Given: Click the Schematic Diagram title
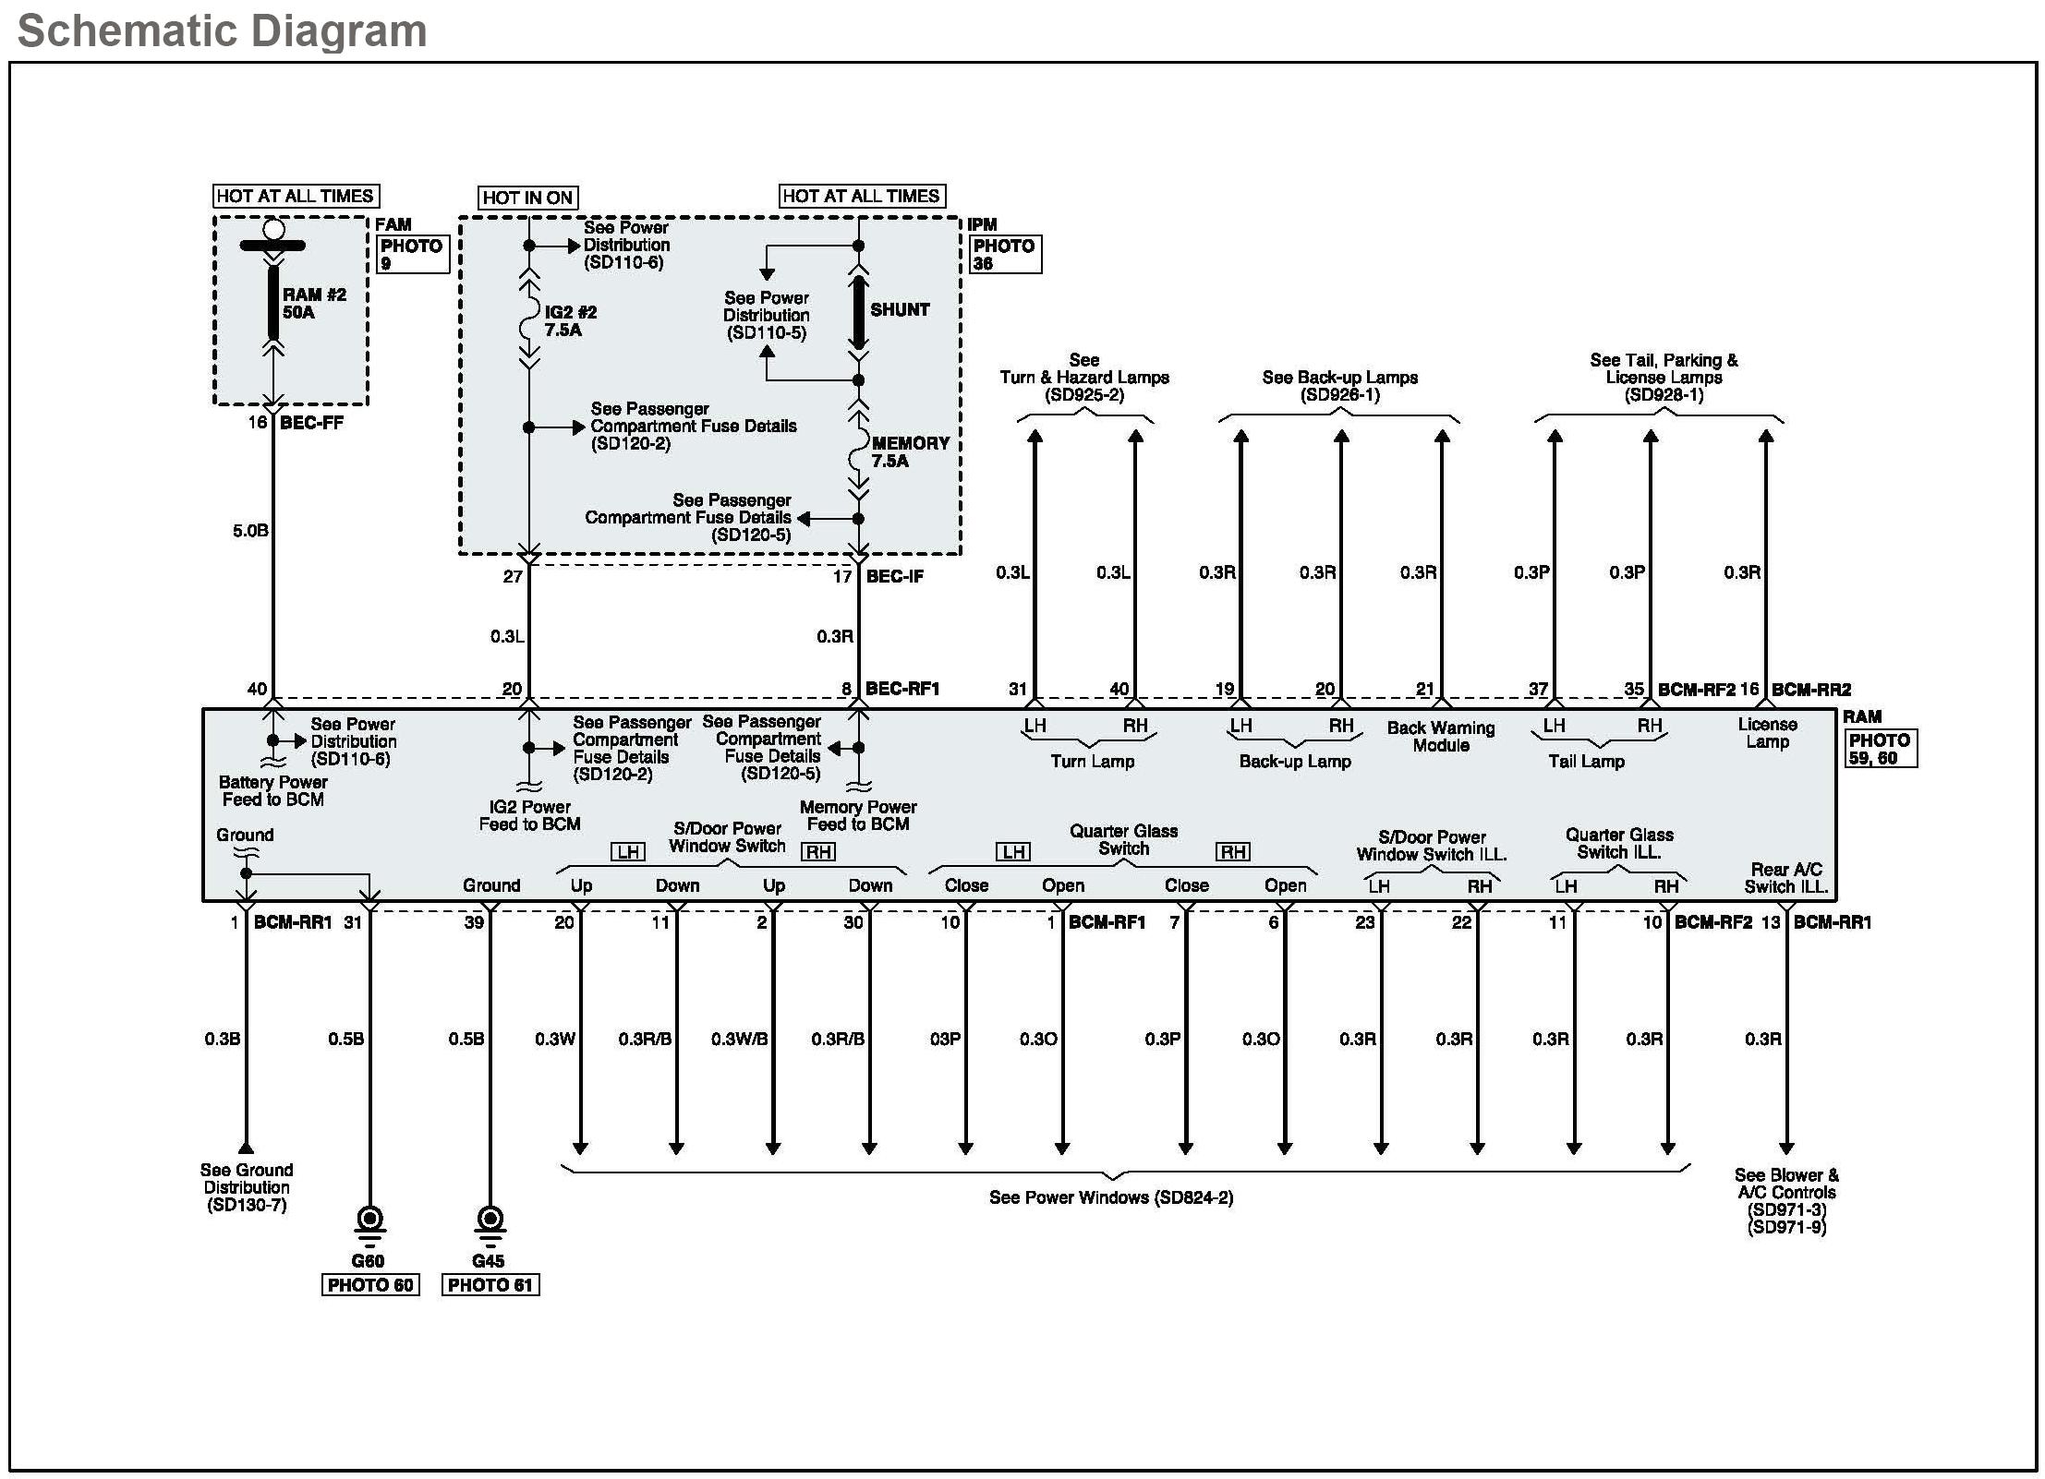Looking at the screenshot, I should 222,30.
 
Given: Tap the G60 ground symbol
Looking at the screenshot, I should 369,1222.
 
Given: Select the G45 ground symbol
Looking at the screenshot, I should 490,1222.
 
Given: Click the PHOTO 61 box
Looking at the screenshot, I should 490,1285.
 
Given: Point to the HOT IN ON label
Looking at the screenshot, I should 527,198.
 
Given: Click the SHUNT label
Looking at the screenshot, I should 900,310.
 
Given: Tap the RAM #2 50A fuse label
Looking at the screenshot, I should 314,304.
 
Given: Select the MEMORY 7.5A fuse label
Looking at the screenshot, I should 910,452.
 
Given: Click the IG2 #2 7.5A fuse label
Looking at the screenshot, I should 570,321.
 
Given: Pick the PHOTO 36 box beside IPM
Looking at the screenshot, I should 1005,255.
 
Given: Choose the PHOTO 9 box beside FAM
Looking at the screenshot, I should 413,255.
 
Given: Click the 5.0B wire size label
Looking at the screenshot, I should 250,531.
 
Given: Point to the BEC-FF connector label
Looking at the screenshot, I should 311,423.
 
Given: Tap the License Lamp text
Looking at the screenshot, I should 1767,733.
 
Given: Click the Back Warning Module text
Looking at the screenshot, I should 1440,737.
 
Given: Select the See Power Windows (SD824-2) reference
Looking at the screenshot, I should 1111,1197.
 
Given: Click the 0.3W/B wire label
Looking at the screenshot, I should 739,1040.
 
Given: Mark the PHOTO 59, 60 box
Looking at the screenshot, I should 1881,749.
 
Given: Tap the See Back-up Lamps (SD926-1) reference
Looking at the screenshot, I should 1339,386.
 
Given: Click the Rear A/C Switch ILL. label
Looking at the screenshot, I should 1786,878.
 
